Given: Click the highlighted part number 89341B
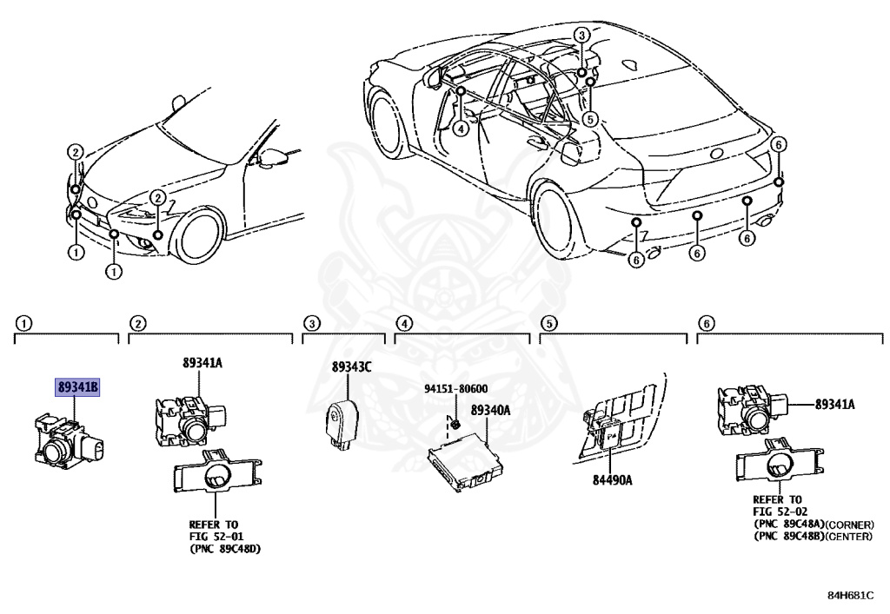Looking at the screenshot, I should point(78,386).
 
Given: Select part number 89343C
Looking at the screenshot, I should point(351,367).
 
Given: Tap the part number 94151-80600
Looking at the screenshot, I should point(455,389).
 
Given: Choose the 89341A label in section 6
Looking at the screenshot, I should point(834,404).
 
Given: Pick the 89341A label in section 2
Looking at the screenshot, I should point(203,362).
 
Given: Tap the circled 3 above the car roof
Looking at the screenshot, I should point(581,35).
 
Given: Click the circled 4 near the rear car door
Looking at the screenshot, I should point(460,127).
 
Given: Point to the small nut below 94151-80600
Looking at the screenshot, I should point(455,424).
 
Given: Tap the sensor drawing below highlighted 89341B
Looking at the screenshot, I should point(68,441).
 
